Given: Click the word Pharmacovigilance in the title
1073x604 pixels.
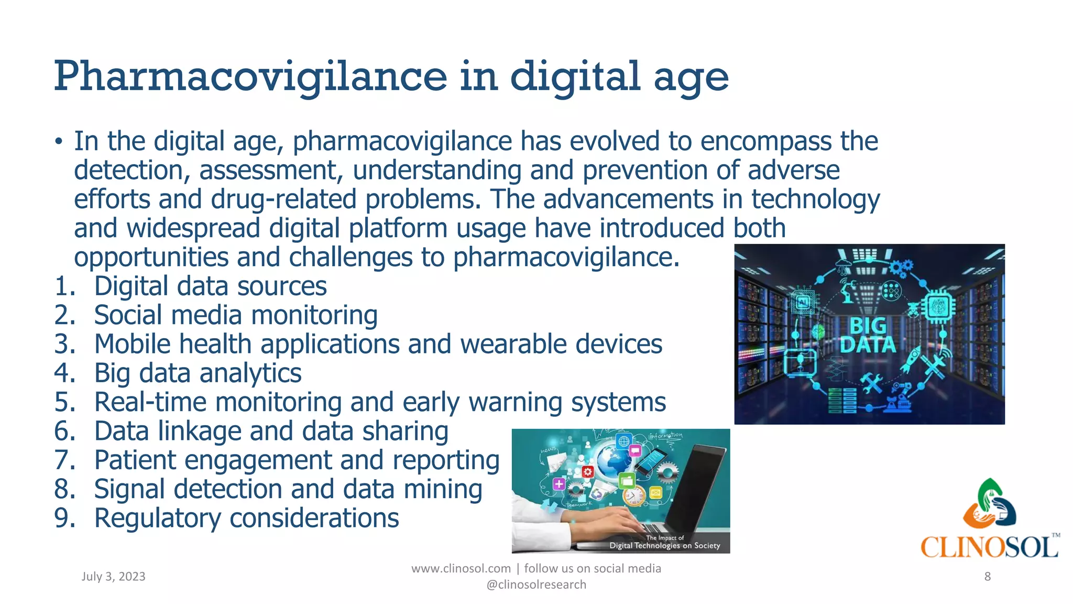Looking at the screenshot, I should (250, 77).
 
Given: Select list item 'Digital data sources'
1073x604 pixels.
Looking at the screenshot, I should (210, 287).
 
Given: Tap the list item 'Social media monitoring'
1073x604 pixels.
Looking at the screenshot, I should (236, 316).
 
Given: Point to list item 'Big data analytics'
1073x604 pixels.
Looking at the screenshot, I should (198, 374).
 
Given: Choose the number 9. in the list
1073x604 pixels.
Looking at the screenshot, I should (65, 518).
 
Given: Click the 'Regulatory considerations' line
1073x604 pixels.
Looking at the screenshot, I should (246, 519).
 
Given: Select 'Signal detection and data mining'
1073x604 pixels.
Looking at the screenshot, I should (288, 490).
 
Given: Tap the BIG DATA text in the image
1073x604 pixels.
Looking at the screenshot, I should (868, 336).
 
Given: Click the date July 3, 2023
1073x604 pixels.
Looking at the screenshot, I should (113, 577).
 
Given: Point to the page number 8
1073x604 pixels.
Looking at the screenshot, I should (987, 577).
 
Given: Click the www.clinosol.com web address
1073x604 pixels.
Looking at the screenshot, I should (461, 569).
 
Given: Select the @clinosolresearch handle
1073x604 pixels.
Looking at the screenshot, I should (536, 585).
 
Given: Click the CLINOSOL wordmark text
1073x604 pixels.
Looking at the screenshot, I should (989, 547).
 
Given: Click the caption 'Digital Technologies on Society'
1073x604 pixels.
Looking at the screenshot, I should (664, 546).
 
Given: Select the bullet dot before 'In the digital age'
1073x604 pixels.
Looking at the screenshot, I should (59, 143).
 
